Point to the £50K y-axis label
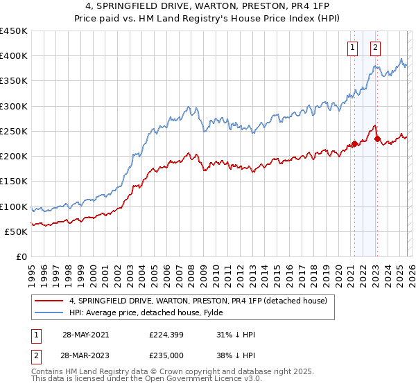(17, 231)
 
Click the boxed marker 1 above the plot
(353, 48)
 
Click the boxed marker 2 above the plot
(375, 48)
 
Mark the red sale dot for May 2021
(354, 144)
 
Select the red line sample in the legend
(49, 301)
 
